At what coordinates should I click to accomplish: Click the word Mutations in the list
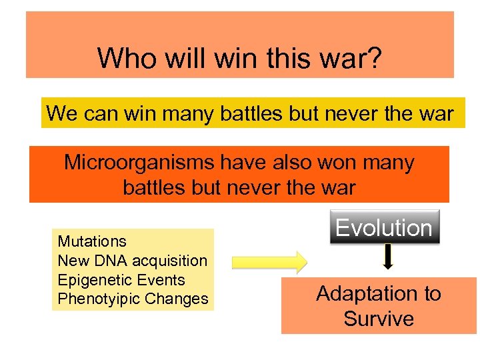point(92,241)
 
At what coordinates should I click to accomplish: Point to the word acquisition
point(174,260)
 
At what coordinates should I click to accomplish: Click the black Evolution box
point(383,227)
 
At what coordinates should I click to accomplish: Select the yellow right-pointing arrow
point(269,261)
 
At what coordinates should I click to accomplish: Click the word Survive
point(378,319)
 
